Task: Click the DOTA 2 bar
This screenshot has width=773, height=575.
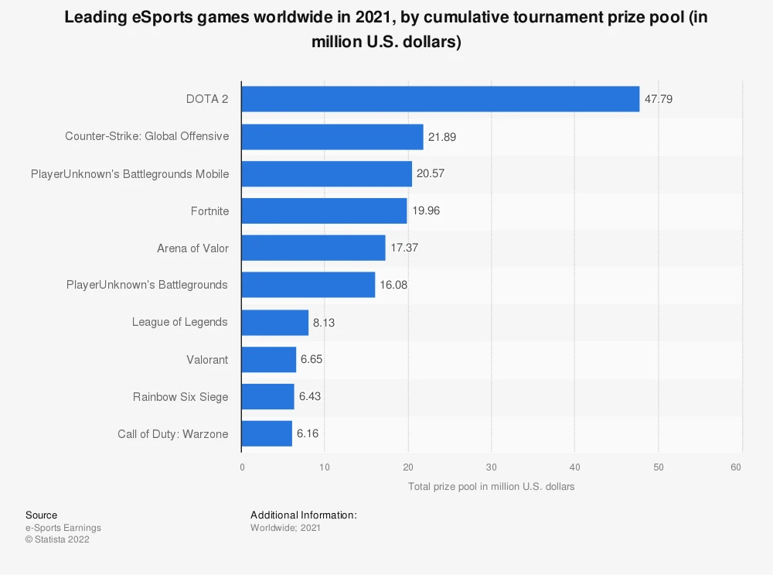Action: point(441,99)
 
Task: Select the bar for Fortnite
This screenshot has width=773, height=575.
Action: point(324,210)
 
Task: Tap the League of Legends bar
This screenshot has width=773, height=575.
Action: point(274,322)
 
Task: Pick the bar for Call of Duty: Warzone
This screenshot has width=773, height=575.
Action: point(267,433)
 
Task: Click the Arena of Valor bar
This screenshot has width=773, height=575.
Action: point(313,248)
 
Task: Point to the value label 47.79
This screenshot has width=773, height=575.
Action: point(658,99)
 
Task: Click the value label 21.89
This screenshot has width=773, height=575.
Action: point(441,137)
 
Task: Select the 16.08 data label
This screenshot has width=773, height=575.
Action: point(393,285)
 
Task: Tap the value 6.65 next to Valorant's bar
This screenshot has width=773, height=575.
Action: point(312,359)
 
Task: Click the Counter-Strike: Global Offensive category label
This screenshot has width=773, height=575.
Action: point(147,136)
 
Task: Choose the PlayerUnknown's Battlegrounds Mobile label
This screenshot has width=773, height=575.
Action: point(130,174)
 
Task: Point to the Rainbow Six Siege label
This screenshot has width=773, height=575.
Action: point(180,397)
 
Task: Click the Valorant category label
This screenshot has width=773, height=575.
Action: point(207,359)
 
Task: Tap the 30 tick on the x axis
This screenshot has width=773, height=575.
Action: point(491,467)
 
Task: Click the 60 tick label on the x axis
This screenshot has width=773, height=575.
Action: point(736,467)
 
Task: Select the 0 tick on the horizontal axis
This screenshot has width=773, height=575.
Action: point(242,467)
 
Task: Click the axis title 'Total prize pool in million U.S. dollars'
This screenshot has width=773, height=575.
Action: point(491,487)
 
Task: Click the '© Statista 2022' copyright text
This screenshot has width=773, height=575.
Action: point(57,539)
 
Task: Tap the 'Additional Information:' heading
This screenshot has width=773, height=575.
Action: point(304,515)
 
